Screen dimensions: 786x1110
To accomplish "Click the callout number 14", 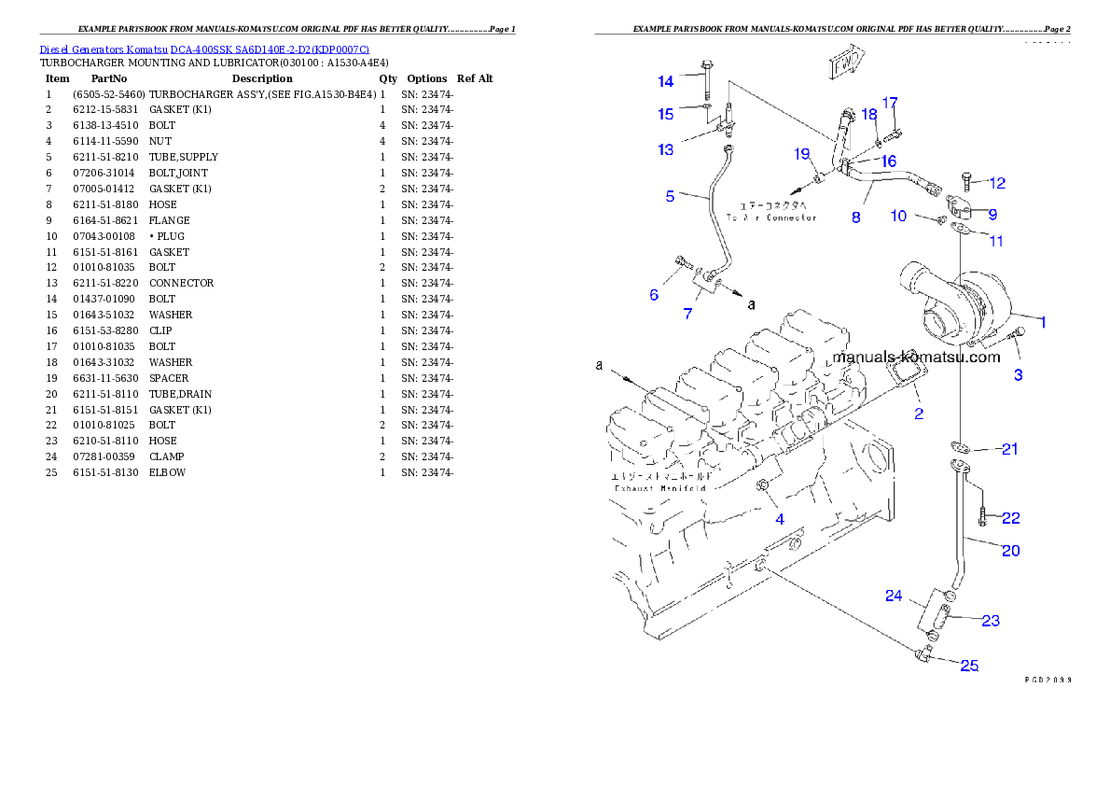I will (665, 82).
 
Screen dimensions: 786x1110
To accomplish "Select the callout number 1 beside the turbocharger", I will (1043, 322).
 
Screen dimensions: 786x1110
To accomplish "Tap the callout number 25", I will (970, 666).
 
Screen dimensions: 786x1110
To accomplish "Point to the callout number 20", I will (1010, 551).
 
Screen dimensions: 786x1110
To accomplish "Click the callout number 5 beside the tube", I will (670, 196).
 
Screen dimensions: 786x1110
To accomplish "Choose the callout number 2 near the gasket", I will (919, 414).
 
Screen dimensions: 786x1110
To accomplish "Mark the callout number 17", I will (890, 102).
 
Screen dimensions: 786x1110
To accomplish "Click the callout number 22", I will (1010, 518).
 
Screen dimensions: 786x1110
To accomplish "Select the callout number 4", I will (781, 519).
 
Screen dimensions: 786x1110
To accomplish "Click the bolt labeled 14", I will (705, 78).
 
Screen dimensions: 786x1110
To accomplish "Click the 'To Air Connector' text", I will (777, 211).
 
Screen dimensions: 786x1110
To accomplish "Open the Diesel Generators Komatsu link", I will (204, 49).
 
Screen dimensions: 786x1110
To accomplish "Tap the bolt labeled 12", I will (965, 180).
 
